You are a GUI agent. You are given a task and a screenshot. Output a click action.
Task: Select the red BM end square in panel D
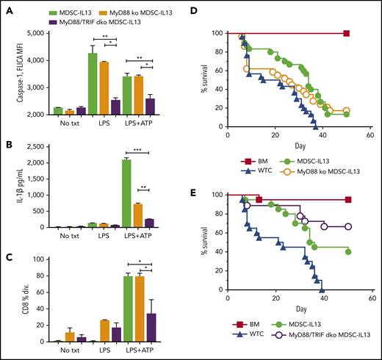tap(346, 33)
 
